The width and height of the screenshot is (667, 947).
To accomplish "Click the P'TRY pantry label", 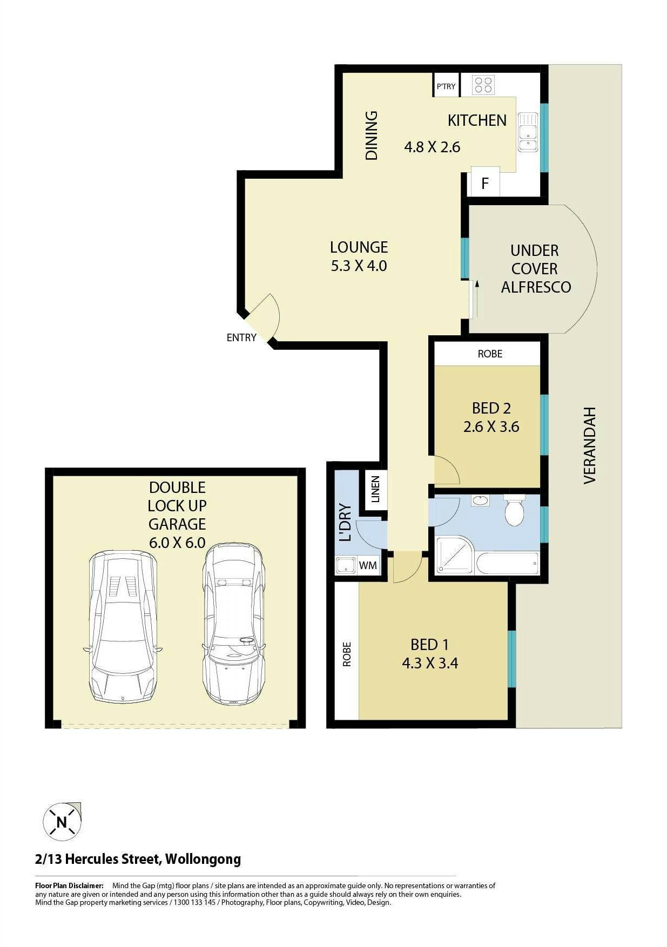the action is pyautogui.click(x=446, y=86).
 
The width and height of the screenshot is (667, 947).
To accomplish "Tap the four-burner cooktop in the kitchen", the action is pyautogui.click(x=483, y=85).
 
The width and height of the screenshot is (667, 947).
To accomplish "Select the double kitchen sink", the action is pyautogui.click(x=528, y=132).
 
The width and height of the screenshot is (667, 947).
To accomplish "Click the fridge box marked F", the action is pyautogui.click(x=485, y=183).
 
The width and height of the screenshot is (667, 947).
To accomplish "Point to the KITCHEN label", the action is pyautogui.click(x=477, y=120).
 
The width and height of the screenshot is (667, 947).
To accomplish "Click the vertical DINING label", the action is pyautogui.click(x=372, y=136).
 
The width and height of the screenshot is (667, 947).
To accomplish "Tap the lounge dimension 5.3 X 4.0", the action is pyautogui.click(x=359, y=266).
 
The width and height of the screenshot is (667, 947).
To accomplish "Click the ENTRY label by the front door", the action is pyautogui.click(x=241, y=337).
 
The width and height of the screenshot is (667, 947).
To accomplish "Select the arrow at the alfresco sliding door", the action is pyautogui.click(x=476, y=299).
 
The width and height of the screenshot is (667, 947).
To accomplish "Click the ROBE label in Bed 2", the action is pyautogui.click(x=490, y=354).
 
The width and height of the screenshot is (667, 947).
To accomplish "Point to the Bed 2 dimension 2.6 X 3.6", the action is pyautogui.click(x=491, y=427).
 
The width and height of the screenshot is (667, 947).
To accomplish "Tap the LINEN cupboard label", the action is pyautogui.click(x=376, y=489).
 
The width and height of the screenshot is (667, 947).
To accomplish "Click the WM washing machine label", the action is pyautogui.click(x=368, y=565).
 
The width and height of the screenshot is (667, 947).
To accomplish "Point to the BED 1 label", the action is pyautogui.click(x=429, y=645).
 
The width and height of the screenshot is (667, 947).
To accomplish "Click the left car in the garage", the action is pyautogui.click(x=123, y=626).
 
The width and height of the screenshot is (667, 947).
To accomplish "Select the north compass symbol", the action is pyautogui.click(x=62, y=821).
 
